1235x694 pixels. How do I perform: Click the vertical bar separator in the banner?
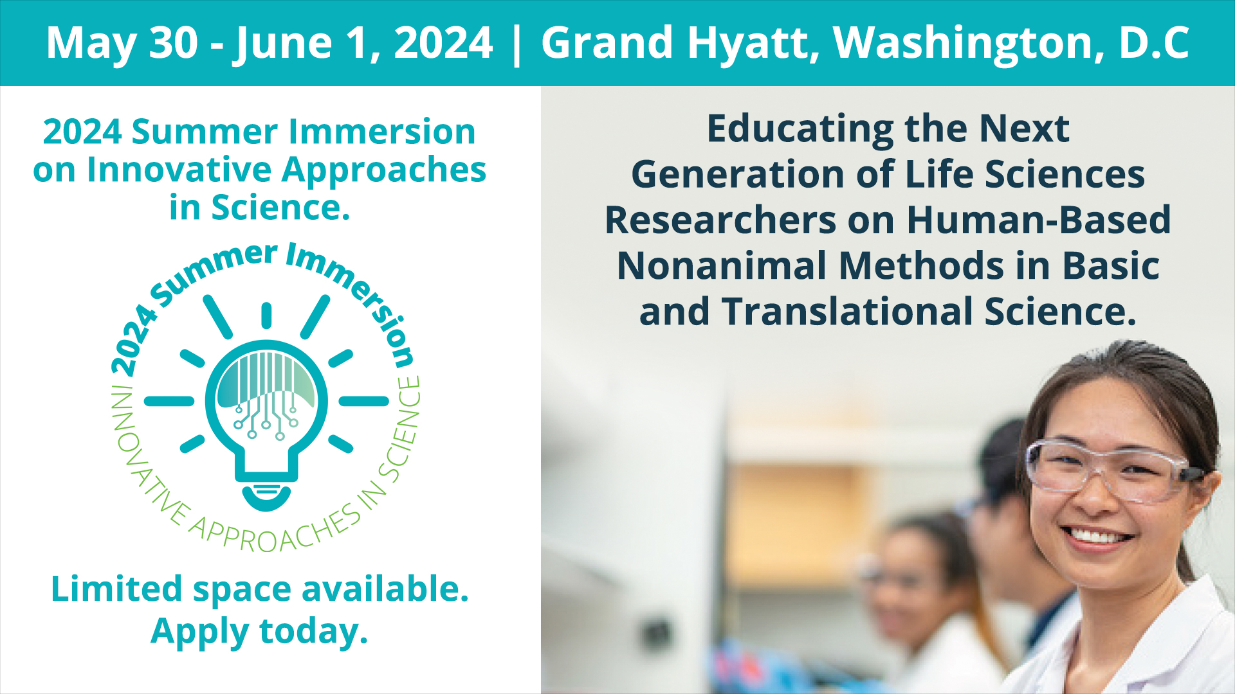tap(517, 44)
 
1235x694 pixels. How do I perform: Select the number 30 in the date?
tap(174, 43)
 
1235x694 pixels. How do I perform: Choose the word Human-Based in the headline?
tap(1038, 220)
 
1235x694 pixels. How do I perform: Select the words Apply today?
tap(259, 631)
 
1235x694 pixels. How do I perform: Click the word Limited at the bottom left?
tap(117, 589)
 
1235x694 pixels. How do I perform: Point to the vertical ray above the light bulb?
tap(266, 316)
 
